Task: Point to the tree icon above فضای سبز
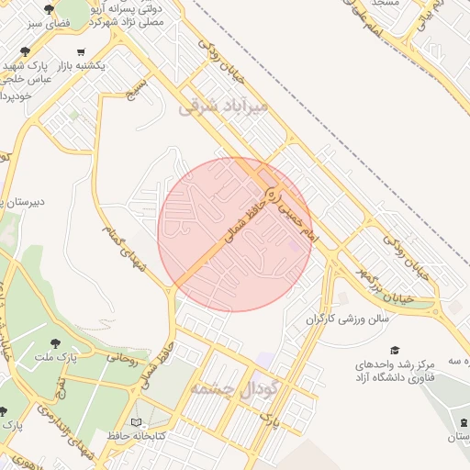coord(50,10)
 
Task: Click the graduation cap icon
coord(395,350)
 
